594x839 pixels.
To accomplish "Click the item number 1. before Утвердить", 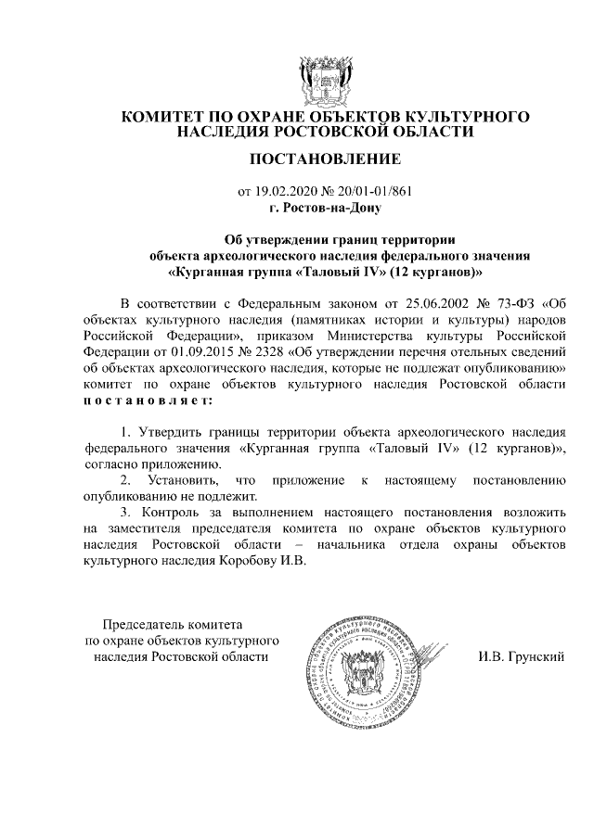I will [127, 432].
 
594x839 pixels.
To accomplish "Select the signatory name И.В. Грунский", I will [521, 657].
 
